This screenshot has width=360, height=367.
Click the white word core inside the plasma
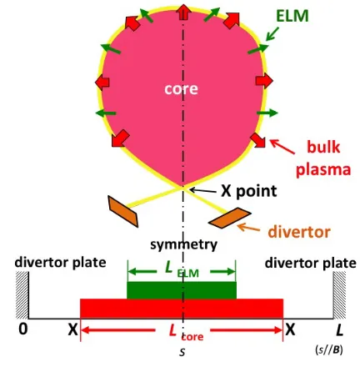[x=181, y=89]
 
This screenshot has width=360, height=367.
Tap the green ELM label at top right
[x=292, y=16]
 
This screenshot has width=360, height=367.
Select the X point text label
[x=249, y=191]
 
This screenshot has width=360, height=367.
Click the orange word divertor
[x=299, y=232]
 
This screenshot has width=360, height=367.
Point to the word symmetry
[x=183, y=244]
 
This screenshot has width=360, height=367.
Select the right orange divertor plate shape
[x=230, y=218]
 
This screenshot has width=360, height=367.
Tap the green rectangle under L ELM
[x=182, y=290]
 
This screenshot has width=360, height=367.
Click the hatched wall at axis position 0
[x=22, y=295]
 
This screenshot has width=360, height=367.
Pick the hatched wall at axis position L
[x=339, y=295]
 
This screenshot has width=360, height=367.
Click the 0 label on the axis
[x=23, y=329]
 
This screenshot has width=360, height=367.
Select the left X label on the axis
[x=72, y=330]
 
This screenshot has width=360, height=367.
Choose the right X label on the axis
[x=290, y=330]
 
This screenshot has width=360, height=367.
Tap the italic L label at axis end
[x=339, y=330]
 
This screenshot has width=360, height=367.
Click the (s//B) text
[x=329, y=349]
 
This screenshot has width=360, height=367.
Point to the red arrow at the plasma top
[x=183, y=13]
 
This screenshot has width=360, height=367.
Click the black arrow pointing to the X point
[x=203, y=191]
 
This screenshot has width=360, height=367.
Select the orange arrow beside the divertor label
[x=248, y=228]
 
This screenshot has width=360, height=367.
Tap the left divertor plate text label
[x=60, y=262]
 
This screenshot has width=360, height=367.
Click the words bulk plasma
[x=323, y=158]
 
